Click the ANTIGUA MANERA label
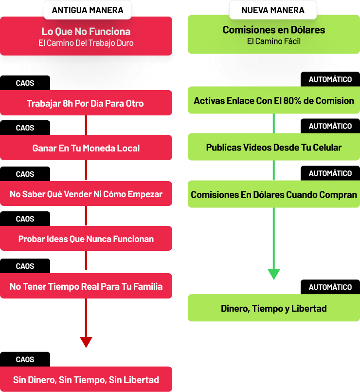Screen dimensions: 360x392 tap(88, 10)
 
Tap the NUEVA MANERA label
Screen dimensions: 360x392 tap(273, 10)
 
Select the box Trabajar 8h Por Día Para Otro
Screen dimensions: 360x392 tap(86, 103)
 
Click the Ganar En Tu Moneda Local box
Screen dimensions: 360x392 tap(86, 148)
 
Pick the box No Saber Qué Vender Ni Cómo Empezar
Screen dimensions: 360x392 tap(86, 193)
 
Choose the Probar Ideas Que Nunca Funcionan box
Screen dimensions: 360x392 tap(86, 238)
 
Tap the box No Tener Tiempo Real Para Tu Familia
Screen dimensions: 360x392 tap(86, 286)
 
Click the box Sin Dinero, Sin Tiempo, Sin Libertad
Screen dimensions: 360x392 tap(86, 379)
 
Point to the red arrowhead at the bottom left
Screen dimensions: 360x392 tap(86, 342)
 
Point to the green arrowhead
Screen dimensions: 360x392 tap(274, 274)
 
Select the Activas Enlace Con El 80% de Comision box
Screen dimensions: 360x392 tap(274, 100)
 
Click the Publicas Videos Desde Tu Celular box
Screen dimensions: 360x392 tap(274, 147)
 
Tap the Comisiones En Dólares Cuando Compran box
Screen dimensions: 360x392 tap(274, 194)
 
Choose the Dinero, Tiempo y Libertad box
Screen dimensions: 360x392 tap(274, 308)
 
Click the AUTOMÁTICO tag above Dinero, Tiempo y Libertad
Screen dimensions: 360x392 tap(330, 287)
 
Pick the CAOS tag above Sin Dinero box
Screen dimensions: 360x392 tap(25, 359)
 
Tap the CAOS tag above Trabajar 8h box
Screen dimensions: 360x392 tap(25, 83)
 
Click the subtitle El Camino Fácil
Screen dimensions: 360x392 tap(274, 41)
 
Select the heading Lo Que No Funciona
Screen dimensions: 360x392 tap(86, 32)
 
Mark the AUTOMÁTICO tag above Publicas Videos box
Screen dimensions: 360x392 tap(330, 126)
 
